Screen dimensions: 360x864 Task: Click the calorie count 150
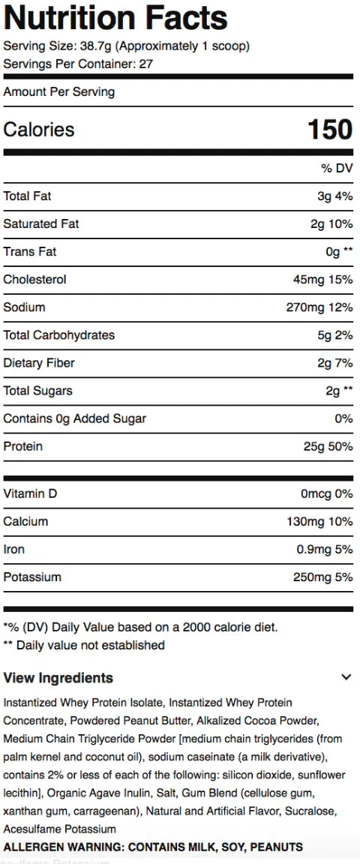330,130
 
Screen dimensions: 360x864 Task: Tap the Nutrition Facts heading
115,18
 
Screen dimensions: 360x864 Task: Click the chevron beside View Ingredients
346,677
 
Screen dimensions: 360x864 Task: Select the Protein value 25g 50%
328,446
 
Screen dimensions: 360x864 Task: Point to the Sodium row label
24,307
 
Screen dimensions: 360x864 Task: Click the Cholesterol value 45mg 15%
323,279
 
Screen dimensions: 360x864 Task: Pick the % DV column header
337,168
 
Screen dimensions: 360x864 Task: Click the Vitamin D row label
30,493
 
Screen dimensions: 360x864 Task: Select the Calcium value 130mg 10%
319,521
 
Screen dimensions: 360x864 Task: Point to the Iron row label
13,549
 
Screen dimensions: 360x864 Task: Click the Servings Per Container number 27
145,64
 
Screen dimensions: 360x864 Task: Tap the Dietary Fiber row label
38,362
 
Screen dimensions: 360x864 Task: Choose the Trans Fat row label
30,252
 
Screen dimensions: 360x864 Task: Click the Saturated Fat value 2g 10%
331,223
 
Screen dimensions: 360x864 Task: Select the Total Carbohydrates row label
59,335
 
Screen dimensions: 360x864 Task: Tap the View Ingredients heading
58,678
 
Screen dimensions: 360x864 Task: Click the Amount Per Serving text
59,91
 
